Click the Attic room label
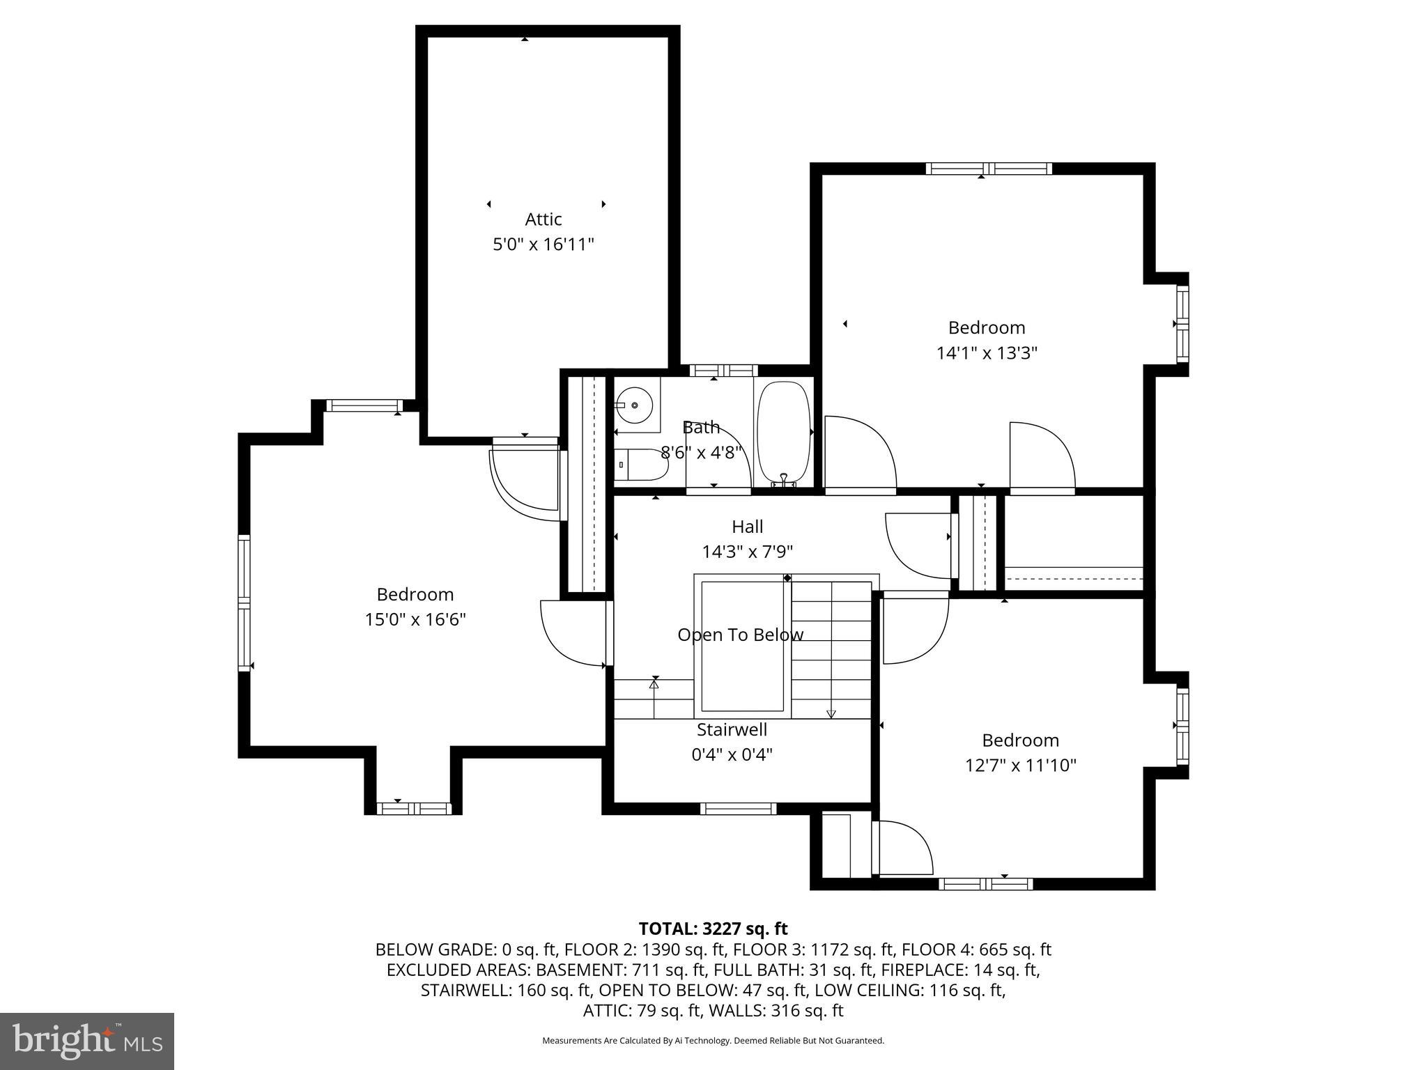point(543,219)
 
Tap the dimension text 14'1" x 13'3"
point(987,353)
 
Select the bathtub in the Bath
point(784,432)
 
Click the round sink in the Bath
point(635,405)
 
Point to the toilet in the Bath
point(641,465)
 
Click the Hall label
point(747,527)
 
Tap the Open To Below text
point(740,635)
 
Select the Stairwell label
point(732,729)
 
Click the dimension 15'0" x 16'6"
point(415,619)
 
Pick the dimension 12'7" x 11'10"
point(1020,766)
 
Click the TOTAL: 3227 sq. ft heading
point(713,929)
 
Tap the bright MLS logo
point(87,1041)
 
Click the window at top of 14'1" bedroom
point(988,169)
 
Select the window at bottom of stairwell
point(738,808)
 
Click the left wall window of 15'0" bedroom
point(244,603)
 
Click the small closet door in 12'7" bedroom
point(904,848)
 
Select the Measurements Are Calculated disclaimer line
point(713,1041)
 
